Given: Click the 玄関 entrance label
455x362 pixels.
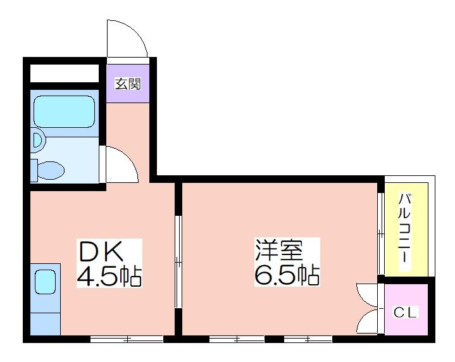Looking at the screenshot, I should coord(128,83).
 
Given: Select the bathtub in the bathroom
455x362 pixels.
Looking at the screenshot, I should coord(63,112).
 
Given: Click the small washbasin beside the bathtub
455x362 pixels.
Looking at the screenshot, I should coord(38,140).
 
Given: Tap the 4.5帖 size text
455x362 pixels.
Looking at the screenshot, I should coord(109,276).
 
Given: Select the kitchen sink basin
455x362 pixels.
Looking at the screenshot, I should coord(44,281).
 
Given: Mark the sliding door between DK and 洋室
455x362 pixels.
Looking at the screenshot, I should coord(179,260).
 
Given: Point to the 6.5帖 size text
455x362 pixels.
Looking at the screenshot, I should coord(286,275).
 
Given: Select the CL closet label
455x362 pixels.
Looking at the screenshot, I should coord(406,312).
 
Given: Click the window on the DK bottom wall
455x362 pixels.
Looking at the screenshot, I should coord(127,339).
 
